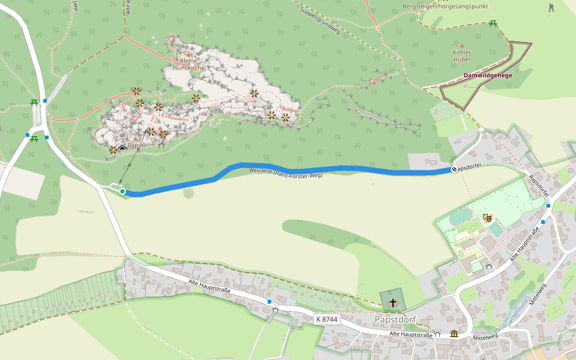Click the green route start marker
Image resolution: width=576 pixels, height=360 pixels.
tap(122, 191)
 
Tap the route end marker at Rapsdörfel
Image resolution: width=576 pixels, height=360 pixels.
tap(454, 170)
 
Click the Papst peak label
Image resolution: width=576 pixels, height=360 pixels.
tap(135, 146)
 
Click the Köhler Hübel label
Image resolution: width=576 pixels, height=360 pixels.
tap(461, 56)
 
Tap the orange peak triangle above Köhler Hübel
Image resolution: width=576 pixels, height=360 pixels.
tap(461, 45)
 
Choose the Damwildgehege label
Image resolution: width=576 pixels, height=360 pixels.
tap(487, 76)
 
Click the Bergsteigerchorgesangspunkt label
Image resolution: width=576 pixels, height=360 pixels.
tap(445, 6)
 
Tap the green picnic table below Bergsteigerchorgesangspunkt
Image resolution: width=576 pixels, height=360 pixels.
tap(493, 23)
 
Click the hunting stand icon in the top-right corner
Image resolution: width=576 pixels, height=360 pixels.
tap(551, 7)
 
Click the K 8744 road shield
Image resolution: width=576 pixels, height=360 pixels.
tap(326, 319)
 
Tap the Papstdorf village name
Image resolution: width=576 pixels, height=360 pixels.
tap(394, 319)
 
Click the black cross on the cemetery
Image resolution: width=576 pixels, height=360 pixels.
tap(394, 302)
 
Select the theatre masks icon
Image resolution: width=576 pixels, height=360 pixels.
tap(487, 217)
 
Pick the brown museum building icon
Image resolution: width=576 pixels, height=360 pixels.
tap(454, 334)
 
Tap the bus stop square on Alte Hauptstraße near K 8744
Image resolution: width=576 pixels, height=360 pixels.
tap(269, 301)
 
